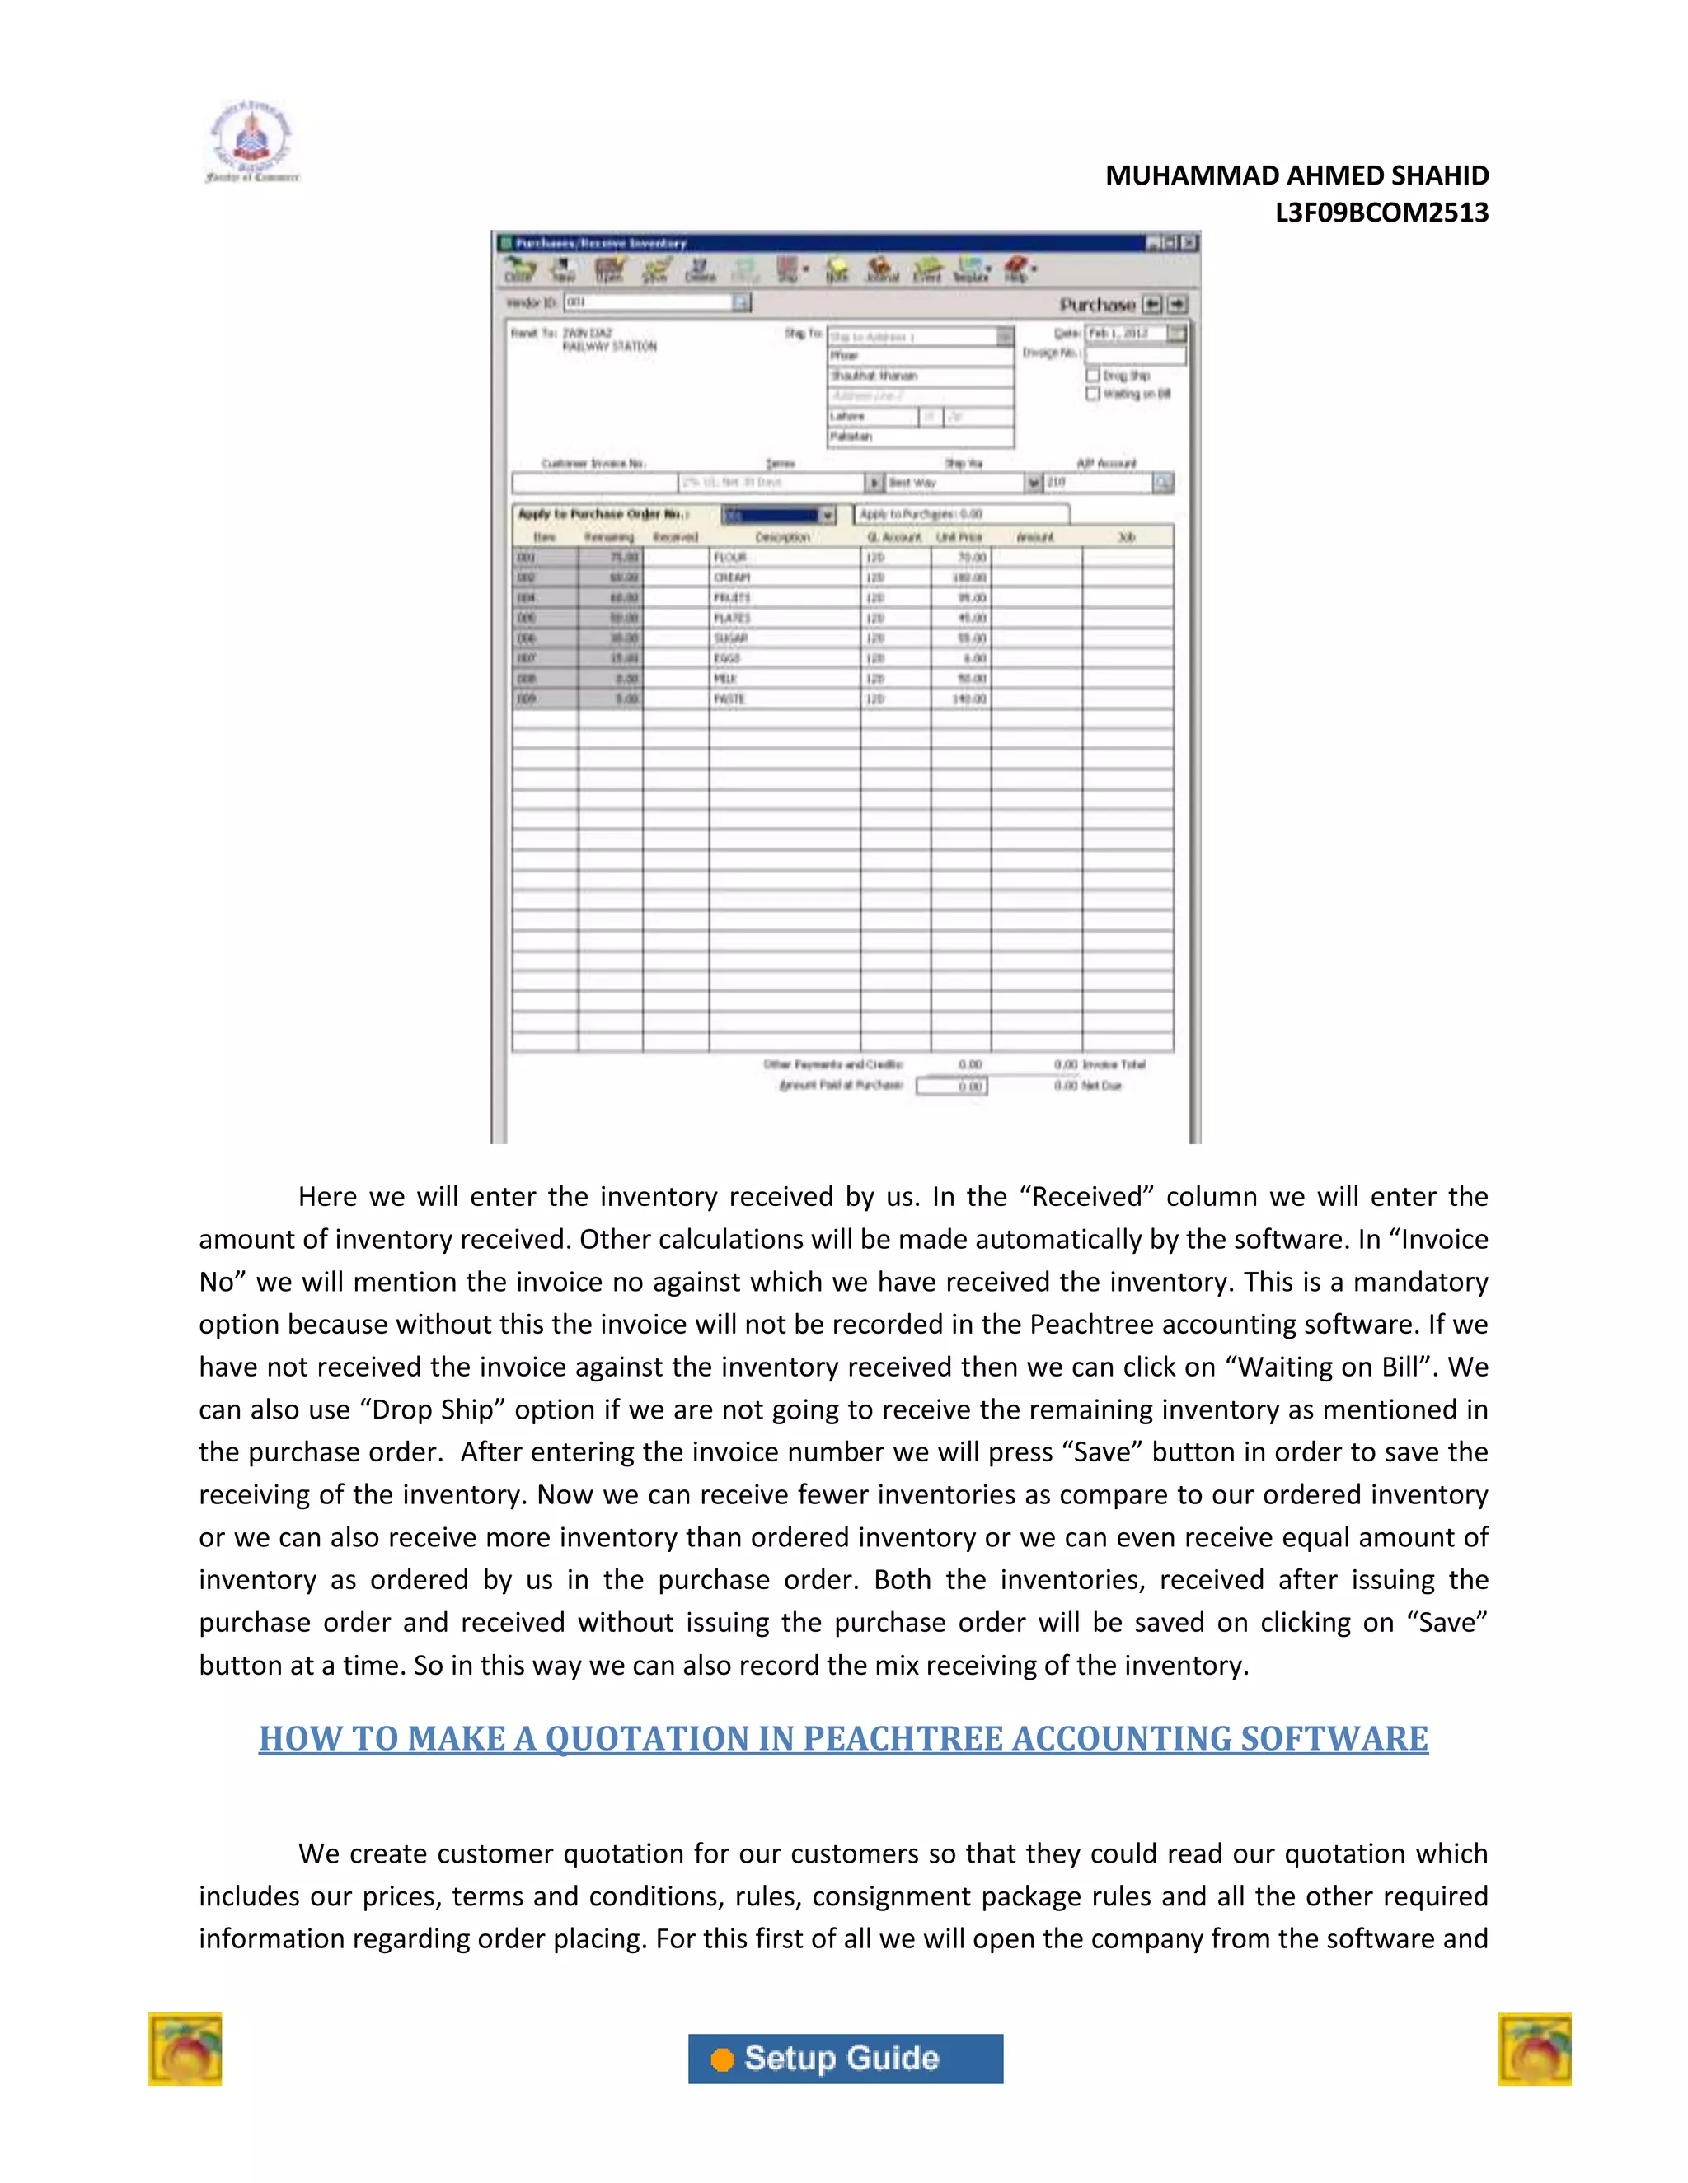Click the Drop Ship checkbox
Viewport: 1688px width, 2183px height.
[1093, 375]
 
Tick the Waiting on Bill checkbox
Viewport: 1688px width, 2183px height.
[1093, 394]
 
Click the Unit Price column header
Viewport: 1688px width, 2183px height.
[959, 538]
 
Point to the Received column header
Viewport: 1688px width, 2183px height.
[675, 538]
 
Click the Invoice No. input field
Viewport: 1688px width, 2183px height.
[1135, 354]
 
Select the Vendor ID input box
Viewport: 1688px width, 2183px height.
[648, 302]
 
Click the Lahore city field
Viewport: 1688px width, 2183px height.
[872, 416]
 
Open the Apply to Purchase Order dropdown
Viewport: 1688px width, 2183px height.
[827, 515]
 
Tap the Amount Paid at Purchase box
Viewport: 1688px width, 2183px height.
[951, 1087]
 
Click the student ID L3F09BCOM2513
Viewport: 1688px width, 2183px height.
[1381, 213]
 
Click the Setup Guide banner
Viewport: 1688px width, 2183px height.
[845, 2058]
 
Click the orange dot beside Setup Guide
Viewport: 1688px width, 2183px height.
[722, 2059]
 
